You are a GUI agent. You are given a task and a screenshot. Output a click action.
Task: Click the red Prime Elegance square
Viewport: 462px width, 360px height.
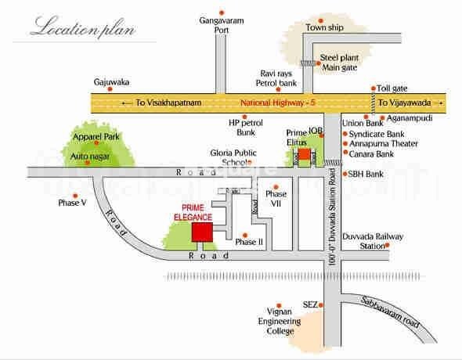pyautogui.click(x=203, y=232)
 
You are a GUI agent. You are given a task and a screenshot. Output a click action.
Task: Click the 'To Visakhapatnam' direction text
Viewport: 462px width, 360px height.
pyautogui.click(x=157, y=103)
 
